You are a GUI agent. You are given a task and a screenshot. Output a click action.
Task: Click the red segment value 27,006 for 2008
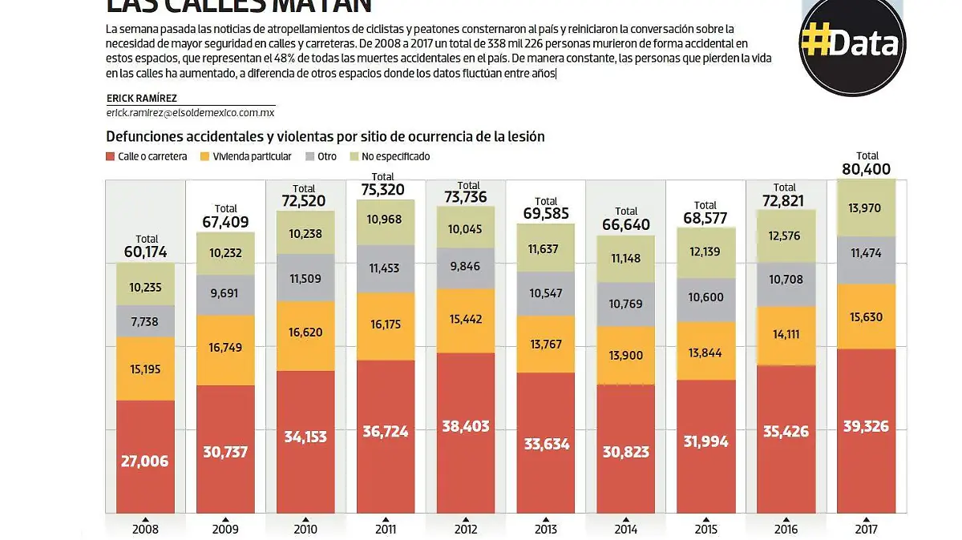click(145, 461)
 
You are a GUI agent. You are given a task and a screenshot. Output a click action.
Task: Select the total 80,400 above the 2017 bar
click(867, 169)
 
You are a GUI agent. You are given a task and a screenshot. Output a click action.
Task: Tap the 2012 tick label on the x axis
click(466, 529)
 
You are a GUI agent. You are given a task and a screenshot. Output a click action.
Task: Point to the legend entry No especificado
click(395, 156)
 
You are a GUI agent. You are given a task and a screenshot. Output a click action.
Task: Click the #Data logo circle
click(851, 44)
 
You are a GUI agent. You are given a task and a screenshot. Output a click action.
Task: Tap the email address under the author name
click(190, 114)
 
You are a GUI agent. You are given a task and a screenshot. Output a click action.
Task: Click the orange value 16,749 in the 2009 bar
click(225, 348)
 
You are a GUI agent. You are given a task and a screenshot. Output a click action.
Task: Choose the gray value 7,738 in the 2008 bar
click(145, 320)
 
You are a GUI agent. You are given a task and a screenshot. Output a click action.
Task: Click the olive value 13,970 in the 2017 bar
click(867, 208)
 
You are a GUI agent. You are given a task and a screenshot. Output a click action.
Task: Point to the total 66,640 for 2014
click(626, 224)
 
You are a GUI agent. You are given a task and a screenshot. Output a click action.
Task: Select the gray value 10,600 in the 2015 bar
click(706, 297)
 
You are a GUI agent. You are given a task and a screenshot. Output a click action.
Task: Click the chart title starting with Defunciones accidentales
click(325, 136)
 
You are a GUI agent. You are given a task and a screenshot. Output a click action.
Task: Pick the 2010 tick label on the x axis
click(305, 529)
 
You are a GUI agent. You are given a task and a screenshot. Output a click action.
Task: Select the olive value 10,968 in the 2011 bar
click(386, 219)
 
